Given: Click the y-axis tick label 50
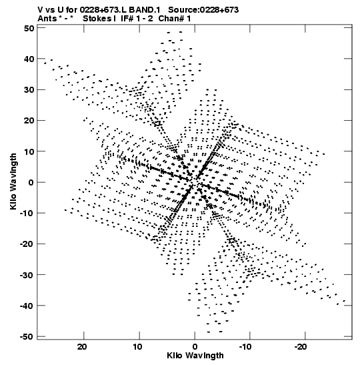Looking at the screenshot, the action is click(29, 28).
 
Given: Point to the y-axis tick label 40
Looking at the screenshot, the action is click(29, 59).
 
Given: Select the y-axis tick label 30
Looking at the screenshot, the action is click(29, 89).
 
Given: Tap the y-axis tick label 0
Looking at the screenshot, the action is click(31, 182).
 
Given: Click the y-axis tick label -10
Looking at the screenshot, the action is click(27, 213).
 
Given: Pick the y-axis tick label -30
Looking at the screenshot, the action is click(27, 275).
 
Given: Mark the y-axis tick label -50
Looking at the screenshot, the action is click(27, 336).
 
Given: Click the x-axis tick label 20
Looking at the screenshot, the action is click(82, 346).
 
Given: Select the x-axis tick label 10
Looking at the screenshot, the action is click(138, 346).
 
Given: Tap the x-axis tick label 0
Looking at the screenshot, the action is click(195, 346).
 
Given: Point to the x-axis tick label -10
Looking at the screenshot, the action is click(245, 346).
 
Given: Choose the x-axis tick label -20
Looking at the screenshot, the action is click(301, 346).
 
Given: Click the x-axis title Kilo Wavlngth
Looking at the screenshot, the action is click(195, 356).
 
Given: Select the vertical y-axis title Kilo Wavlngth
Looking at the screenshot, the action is click(13, 181).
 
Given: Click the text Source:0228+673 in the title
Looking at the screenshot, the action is click(203, 10).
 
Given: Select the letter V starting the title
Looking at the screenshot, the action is click(40, 10).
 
